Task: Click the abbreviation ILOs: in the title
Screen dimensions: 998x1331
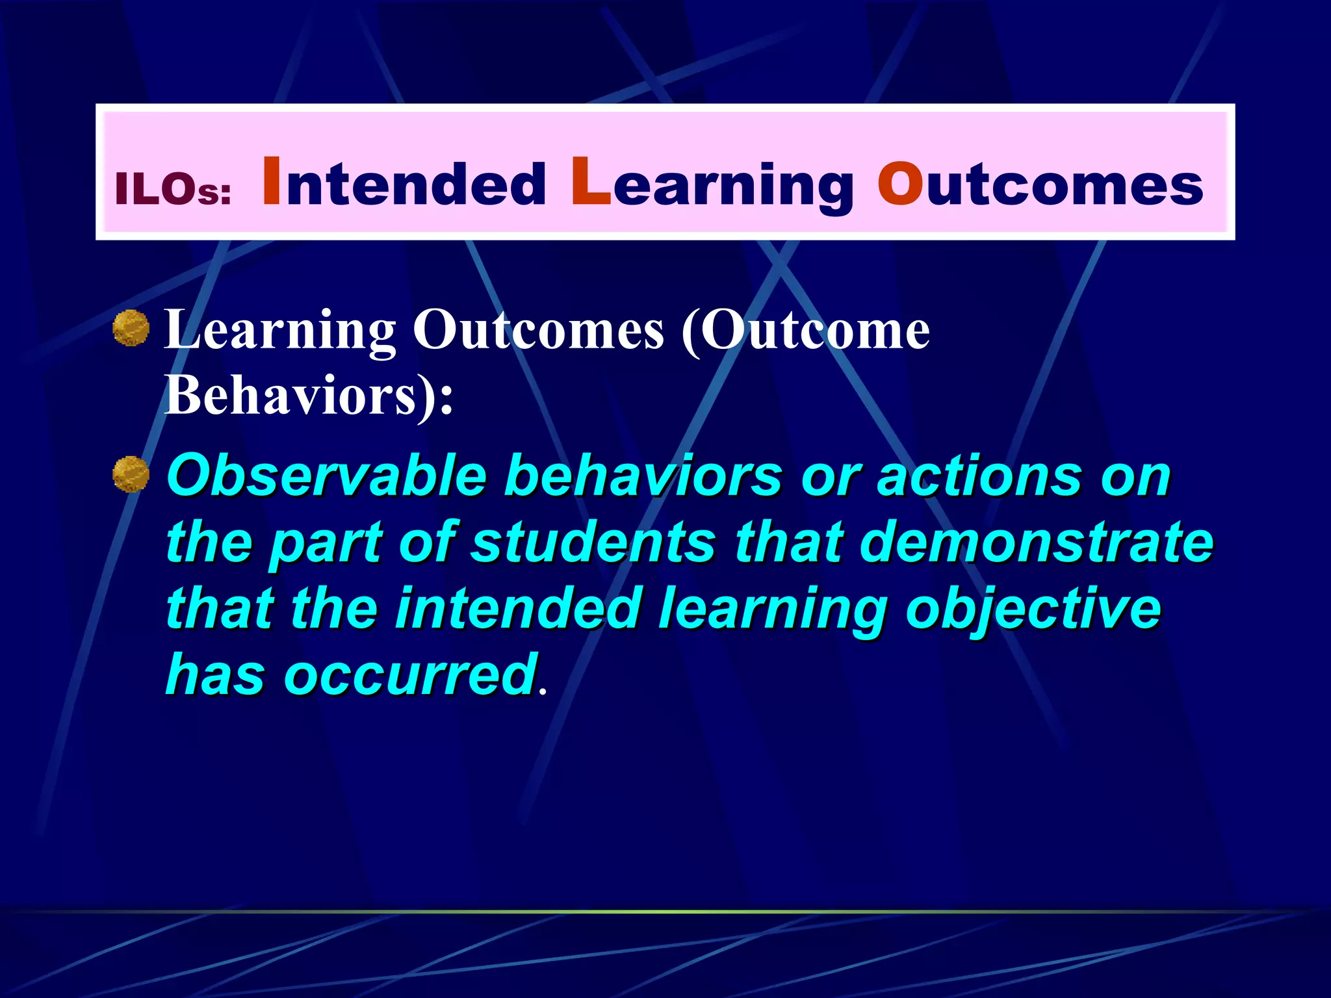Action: pyautogui.click(x=173, y=190)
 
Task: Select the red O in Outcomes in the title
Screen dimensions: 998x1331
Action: pyautogui.click(x=900, y=183)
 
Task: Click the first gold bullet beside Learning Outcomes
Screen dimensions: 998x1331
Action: pyautogui.click(x=131, y=328)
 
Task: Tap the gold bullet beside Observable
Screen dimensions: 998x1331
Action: pyautogui.click(x=131, y=474)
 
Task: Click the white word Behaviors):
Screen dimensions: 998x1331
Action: pyautogui.click(x=309, y=396)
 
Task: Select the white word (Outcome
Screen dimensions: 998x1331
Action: pyautogui.click(x=805, y=331)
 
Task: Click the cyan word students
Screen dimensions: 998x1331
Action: pyautogui.click(x=593, y=542)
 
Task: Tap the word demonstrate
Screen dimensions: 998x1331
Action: pyautogui.click(x=1037, y=542)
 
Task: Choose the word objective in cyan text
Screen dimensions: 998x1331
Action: pyautogui.click(x=1033, y=609)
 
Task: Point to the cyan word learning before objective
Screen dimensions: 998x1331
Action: pyautogui.click(x=773, y=609)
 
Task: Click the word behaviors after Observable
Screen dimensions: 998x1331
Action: pyautogui.click(x=643, y=476)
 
